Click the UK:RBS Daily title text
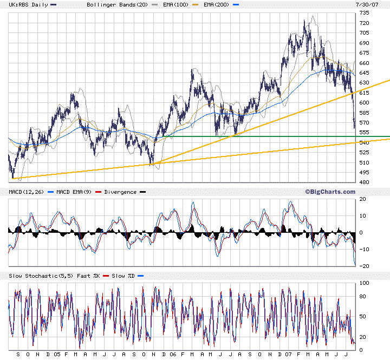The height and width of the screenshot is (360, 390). pos(24,4)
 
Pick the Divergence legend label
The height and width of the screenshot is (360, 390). pos(120,192)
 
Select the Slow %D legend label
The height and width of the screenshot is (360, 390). pos(127,276)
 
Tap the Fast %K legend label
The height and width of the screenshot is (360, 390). pos(89,276)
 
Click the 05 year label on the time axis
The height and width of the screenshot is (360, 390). pos(56,355)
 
